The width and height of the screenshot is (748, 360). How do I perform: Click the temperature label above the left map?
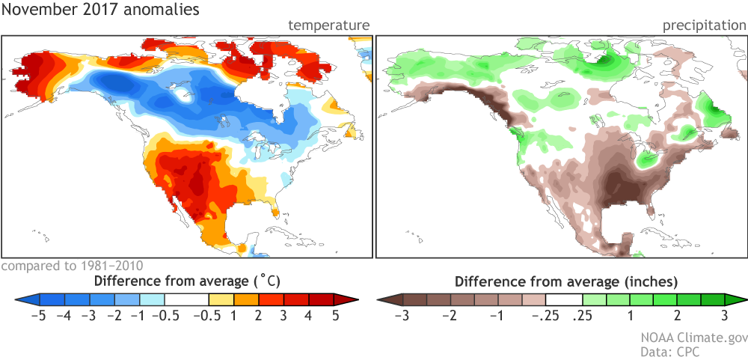click(x=329, y=26)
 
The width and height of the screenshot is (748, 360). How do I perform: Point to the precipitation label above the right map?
click(x=704, y=26)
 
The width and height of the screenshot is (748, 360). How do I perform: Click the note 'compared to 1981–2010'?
click(x=72, y=266)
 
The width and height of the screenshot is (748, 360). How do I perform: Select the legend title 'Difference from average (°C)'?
click(x=182, y=282)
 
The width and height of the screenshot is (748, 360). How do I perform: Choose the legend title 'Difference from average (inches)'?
click(x=566, y=282)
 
